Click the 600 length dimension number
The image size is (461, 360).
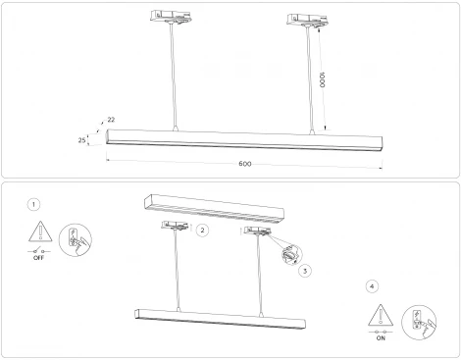pyautogui.click(x=245, y=163)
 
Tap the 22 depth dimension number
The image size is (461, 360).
pyautogui.click(x=110, y=121)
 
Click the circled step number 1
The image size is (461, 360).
pyautogui.click(x=35, y=204)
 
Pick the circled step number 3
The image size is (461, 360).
pyautogui.click(x=305, y=270)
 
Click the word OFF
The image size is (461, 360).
pyautogui.click(x=38, y=258)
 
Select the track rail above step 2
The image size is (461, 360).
pyautogui.click(x=211, y=205)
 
